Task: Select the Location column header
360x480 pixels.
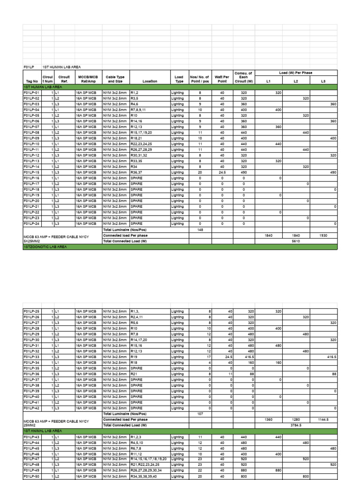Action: (x=150, y=81)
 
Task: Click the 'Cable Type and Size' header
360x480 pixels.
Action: (x=115, y=78)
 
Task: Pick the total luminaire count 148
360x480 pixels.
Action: (x=200, y=230)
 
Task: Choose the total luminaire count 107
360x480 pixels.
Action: (x=200, y=414)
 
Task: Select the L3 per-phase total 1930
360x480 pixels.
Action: (x=323, y=235)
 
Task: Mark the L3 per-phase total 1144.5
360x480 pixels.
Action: (x=323, y=420)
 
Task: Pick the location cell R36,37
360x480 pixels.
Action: (x=137, y=172)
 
